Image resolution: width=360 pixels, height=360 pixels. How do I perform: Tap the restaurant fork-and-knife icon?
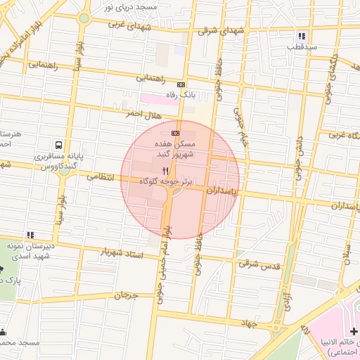(166, 171)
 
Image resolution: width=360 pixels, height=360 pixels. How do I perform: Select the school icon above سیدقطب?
(302, 36)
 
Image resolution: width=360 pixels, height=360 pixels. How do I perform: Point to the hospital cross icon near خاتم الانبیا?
(354, 331)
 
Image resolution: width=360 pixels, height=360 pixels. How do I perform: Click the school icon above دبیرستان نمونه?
(30, 235)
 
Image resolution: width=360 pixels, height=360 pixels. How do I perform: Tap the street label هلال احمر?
(143, 114)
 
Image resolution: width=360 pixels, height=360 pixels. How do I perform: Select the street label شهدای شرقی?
(217, 30)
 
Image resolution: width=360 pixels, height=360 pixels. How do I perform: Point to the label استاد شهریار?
(122, 252)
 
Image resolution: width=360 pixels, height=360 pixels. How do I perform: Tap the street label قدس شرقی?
(259, 265)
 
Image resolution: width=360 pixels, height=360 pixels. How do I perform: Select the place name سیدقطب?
(302, 47)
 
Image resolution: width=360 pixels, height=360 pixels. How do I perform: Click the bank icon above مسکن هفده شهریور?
(175, 133)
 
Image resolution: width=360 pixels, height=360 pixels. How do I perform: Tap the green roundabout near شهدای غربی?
(84, 18)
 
